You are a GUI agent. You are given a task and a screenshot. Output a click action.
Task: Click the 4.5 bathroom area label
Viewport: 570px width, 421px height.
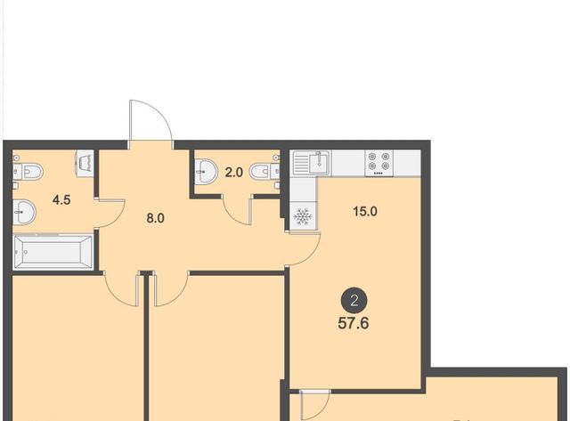[61, 199]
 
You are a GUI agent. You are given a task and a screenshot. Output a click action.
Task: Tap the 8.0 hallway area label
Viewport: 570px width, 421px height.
[155, 218]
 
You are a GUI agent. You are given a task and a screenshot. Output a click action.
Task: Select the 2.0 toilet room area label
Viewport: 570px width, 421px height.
[233, 172]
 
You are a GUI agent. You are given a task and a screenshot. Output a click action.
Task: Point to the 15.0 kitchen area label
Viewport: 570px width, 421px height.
[365, 212]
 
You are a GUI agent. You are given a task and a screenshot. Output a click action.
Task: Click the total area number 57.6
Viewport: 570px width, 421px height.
[354, 323]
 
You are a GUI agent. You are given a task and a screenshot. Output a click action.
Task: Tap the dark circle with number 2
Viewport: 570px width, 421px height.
[354, 301]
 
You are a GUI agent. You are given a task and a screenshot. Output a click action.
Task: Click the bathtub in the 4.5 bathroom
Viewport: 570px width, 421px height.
[53, 252]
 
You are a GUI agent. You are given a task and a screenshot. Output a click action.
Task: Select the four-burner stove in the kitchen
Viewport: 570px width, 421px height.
[379, 163]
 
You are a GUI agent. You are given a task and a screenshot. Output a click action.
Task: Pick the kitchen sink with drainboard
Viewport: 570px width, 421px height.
[311, 163]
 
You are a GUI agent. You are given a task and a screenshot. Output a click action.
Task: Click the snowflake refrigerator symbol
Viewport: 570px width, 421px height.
[303, 216]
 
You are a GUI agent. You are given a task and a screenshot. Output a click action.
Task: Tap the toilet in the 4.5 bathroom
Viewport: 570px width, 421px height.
[28, 171]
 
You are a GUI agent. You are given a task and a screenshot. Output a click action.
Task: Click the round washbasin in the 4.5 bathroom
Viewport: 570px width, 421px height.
[24, 213]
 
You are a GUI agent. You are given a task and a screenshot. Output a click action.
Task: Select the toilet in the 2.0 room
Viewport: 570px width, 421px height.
[265, 172]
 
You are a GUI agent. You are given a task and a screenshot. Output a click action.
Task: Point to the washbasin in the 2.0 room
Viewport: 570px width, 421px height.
[206, 172]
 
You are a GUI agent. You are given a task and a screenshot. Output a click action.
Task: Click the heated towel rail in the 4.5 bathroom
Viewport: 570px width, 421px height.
[85, 164]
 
